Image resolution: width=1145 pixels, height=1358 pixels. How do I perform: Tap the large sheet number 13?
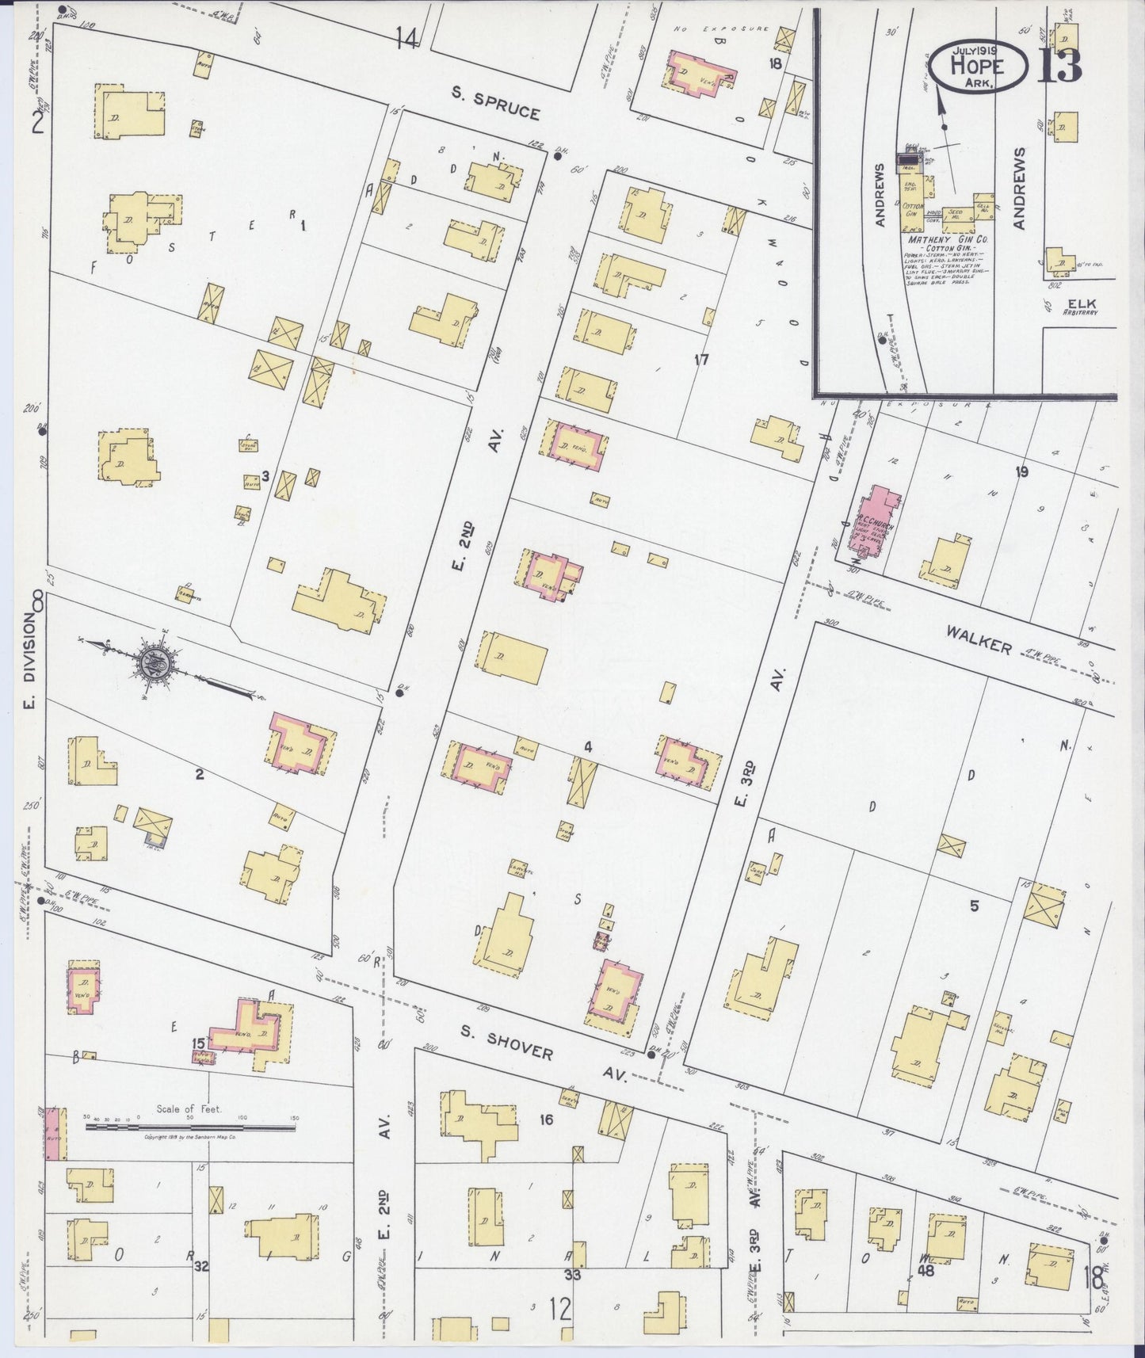(x=1059, y=66)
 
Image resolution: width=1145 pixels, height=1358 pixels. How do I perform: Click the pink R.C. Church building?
(x=876, y=523)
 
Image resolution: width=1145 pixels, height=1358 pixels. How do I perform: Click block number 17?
(x=700, y=360)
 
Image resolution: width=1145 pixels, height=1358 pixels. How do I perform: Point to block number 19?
(x=1021, y=472)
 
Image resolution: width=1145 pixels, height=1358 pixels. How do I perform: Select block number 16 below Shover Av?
(x=545, y=1120)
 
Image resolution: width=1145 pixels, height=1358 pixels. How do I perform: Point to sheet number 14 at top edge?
(x=406, y=36)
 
